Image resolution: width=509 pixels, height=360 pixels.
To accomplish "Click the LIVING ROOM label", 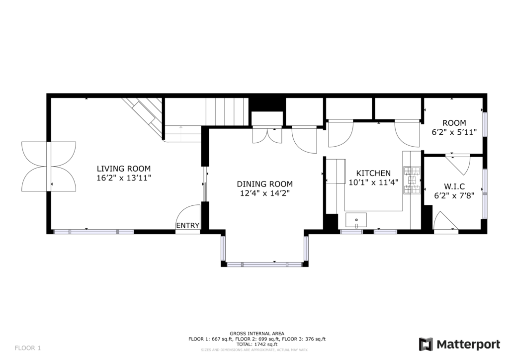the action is [124, 169].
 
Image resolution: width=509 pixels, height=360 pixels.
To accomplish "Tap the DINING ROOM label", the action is [264, 184].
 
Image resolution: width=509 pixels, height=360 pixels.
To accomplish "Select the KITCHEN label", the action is [373, 174].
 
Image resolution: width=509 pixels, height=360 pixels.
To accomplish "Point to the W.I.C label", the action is [454, 186].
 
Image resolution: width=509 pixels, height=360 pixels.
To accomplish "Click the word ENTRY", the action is [187, 226].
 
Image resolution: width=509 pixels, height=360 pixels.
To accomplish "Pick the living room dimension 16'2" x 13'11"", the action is [124, 178].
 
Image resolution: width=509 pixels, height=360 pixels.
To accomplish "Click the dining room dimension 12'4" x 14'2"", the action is [264, 193].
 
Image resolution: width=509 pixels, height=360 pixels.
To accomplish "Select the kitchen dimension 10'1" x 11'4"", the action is [373, 182].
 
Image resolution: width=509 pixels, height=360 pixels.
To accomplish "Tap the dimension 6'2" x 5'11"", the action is [454, 132].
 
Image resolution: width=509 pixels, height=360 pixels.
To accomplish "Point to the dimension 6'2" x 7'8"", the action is [454, 196].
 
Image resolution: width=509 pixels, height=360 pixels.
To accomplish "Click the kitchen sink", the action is [356, 220].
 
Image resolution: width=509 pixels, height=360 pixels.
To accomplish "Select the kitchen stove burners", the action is [412, 180].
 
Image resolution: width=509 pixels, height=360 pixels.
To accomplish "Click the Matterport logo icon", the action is [426, 344].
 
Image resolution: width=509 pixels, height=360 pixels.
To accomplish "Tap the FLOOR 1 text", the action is [28, 348].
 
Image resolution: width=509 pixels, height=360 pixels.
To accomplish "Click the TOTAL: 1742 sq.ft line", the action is [257, 345].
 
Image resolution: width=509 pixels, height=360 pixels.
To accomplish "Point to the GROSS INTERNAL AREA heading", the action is [257, 333].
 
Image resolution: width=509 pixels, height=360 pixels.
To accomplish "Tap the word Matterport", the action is [468, 344].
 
